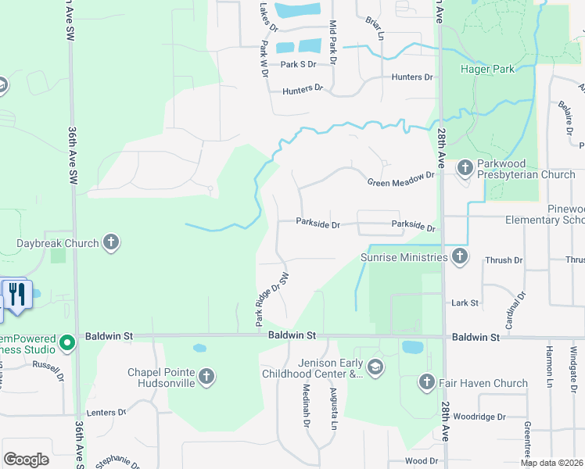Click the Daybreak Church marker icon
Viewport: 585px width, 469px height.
coord(111,242)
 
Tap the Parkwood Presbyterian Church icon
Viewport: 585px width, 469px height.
coord(465,166)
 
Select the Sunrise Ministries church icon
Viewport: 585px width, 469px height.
coord(460,256)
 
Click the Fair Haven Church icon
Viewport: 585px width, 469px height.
coord(426,382)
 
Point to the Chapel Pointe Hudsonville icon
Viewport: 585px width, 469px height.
coord(206,378)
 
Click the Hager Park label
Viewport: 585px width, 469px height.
coord(487,69)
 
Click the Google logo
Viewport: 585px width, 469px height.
coord(26,460)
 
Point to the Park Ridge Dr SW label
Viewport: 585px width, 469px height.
coord(271,299)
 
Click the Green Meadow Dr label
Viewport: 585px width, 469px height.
coord(400,180)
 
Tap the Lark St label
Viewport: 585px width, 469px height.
coord(465,303)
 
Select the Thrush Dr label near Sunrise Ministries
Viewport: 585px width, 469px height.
coord(504,260)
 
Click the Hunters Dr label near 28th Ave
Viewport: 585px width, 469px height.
coord(412,77)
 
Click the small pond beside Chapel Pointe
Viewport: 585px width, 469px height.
coord(199,348)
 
